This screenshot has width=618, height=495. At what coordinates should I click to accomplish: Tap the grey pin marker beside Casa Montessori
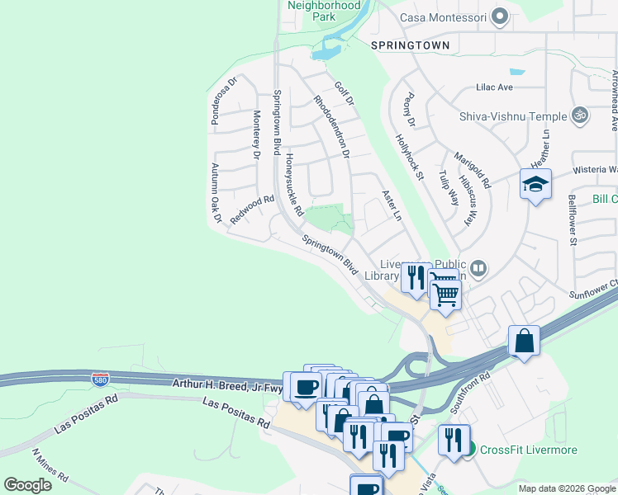coord(499,16)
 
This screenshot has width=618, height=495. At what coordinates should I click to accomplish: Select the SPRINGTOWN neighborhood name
coord(410,45)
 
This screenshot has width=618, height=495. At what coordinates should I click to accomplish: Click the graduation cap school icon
coord(535,184)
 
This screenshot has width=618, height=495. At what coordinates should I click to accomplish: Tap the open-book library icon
coord(478,267)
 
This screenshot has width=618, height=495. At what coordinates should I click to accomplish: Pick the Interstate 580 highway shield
coord(99,379)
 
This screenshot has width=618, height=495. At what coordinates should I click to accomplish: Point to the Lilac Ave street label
coord(494,87)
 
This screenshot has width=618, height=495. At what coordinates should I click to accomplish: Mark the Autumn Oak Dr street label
coord(216,193)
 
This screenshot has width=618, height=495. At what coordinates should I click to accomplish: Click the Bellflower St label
coord(572,219)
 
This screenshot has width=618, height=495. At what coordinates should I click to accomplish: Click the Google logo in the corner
coord(27,485)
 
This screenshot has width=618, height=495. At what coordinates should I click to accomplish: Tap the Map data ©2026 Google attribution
coord(566,488)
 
